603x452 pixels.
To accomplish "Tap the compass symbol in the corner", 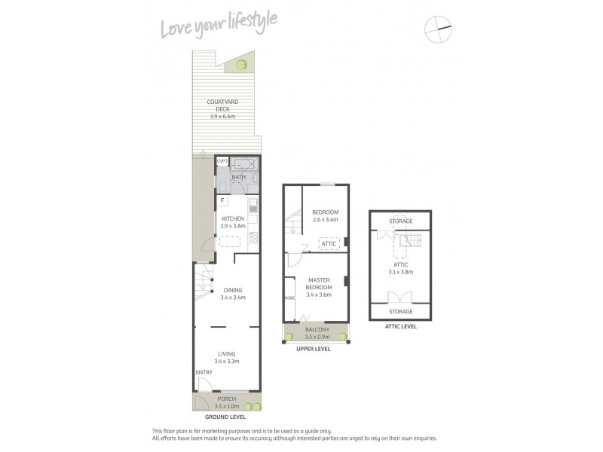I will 438,29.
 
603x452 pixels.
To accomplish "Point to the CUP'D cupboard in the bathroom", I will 222,161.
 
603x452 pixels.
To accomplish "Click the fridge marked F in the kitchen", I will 223,200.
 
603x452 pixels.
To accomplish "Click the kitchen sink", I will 253,204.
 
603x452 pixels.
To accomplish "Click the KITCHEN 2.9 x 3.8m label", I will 234,222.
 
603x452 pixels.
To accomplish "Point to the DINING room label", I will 232,294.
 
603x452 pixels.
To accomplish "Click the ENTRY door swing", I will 201,382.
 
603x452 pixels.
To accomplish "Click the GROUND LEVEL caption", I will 226,416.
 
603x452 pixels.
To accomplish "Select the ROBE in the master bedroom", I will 289,298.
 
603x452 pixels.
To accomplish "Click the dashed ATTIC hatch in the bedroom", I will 329,243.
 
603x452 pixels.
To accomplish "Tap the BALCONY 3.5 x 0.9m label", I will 317,333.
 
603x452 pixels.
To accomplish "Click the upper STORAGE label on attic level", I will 400,221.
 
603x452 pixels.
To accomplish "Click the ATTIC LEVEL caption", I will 400,327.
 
